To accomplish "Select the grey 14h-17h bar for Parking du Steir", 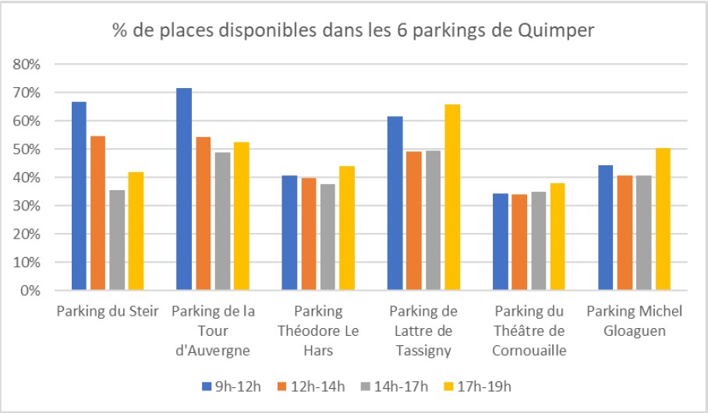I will [x=117, y=240].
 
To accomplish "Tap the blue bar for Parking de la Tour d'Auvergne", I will [x=184, y=189].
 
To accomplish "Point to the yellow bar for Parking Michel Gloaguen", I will [x=663, y=219].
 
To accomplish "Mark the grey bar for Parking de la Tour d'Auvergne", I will [x=222, y=221].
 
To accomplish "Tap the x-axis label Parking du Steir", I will [x=108, y=312].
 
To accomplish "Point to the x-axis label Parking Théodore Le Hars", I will [x=317, y=330].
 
